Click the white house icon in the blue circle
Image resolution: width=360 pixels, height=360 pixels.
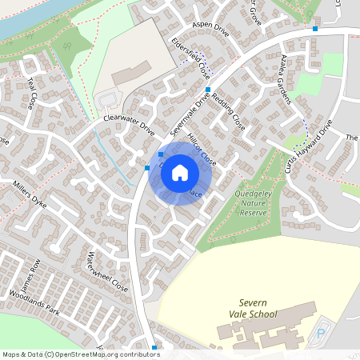point(180,173)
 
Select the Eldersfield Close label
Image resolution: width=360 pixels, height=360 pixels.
point(188,55)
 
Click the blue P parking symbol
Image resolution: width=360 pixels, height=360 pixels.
point(323,331)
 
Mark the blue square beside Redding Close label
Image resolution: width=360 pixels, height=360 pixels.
point(208,90)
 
